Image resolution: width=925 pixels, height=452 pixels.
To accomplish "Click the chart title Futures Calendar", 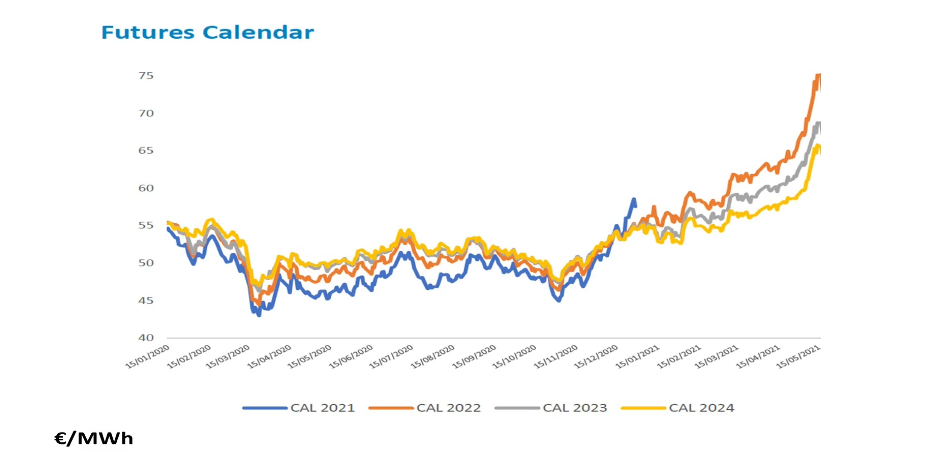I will [207, 33].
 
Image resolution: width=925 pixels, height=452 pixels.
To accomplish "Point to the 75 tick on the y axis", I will [145, 76].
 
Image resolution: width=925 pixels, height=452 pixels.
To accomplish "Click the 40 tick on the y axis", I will [145, 338].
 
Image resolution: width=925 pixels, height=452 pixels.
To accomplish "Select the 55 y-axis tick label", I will [145, 226].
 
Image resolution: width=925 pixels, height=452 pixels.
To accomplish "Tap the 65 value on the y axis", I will [145, 151].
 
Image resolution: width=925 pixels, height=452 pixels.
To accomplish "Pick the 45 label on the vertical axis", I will [145, 301].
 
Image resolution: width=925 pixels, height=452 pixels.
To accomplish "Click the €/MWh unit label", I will [93, 438].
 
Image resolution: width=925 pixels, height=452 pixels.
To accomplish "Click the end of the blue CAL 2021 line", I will [634, 200].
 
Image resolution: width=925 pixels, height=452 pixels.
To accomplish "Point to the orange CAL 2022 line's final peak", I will [819, 75].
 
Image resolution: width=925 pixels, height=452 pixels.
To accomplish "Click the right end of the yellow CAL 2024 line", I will [820, 148].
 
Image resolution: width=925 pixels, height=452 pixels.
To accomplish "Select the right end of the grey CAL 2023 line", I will [820, 124].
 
